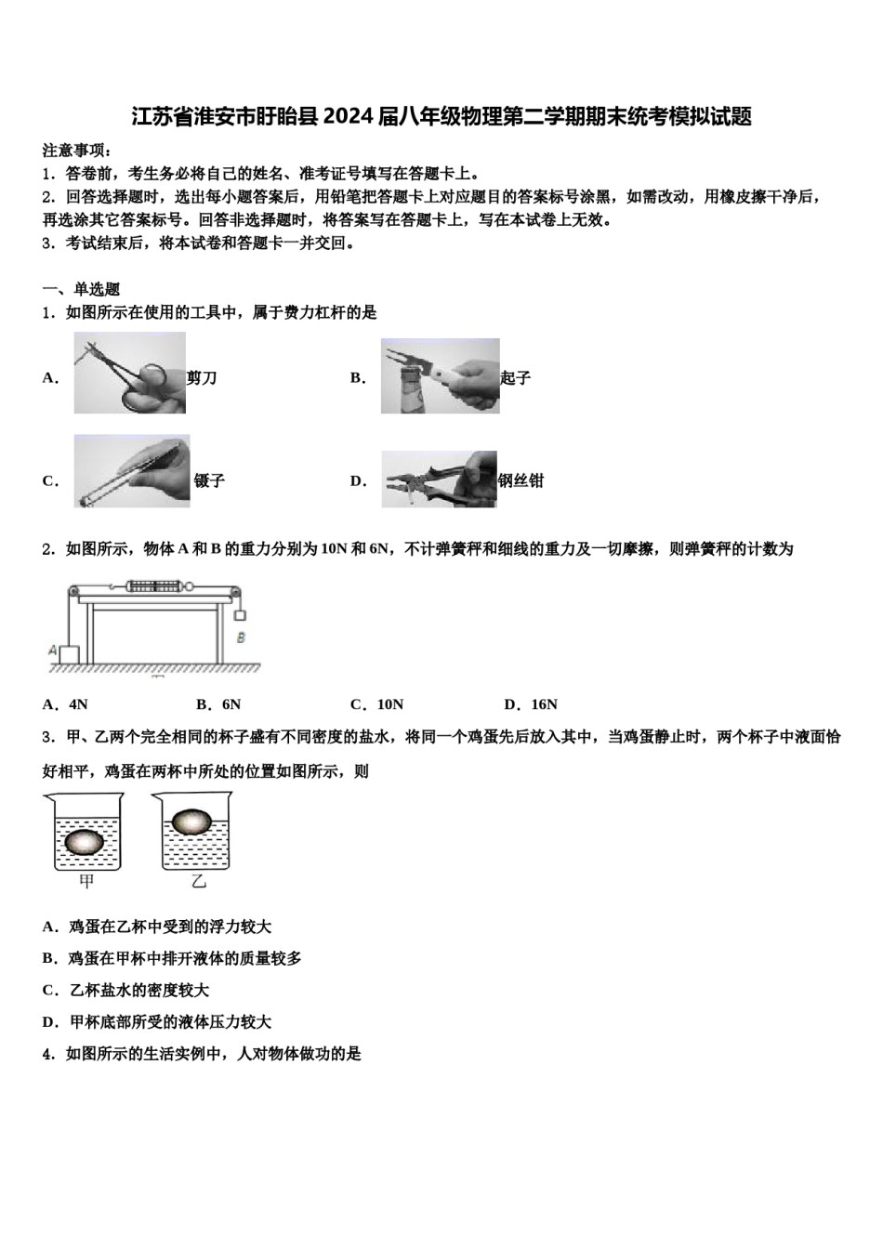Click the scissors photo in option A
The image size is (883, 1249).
click(130, 375)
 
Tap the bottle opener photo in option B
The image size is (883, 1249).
click(440, 376)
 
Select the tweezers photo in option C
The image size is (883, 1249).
click(131, 471)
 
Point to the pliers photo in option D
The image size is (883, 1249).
click(439, 480)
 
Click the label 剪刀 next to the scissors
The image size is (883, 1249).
click(202, 377)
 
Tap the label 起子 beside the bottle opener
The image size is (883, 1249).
click(515, 377)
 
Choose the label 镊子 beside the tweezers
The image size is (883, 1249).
click(209, 480)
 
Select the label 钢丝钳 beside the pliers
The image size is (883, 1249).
click(521, 480)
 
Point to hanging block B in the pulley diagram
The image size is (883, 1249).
click(241, 614)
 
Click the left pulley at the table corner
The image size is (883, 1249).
click(72, 592)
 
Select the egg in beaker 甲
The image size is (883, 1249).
click(83, 840)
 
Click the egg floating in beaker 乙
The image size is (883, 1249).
click(192, 821)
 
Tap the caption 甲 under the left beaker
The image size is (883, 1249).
click(86, 881)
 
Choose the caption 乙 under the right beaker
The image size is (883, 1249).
click(198, 881)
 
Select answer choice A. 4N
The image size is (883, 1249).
click(65, 704)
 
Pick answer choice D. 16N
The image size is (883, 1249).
click(530, 704)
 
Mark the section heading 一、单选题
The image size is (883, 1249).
click(81, 289)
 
